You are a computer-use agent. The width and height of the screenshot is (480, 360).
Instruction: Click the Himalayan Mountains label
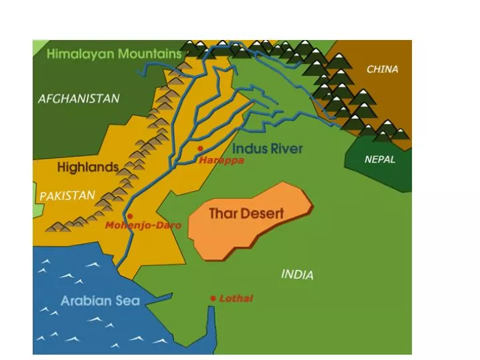tap(114, 54)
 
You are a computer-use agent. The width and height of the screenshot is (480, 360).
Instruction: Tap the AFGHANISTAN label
tap(79, 99)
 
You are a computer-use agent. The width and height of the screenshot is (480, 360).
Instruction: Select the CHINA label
tap(382, 69)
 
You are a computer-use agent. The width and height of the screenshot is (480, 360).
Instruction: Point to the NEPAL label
tap(379, 159)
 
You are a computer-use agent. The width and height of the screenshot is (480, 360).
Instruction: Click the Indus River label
tap(267, 148)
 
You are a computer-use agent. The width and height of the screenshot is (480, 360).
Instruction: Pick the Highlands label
tap(87, 167)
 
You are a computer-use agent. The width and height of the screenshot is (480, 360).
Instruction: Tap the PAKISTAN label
tap(67, 196)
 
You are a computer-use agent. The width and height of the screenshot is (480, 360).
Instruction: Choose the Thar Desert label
tap(246, 214)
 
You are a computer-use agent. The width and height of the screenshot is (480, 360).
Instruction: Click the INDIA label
tap(297, 274)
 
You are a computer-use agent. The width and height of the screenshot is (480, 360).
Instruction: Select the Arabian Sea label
tap(100, 301)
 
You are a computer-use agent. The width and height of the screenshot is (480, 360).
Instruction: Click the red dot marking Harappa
tap(200, 149)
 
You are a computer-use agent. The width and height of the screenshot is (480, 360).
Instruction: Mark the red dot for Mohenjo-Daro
tap(130, 216)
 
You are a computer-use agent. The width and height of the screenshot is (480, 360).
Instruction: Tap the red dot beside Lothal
tap(213, 298)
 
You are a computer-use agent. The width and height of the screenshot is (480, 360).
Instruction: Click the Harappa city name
tap(221, 161)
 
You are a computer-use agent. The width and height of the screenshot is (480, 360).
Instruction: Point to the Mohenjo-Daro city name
tap(143, 225)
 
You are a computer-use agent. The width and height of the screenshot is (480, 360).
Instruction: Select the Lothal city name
tap(236, 299)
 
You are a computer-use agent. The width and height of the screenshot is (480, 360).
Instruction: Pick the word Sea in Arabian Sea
tap(127, 301)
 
